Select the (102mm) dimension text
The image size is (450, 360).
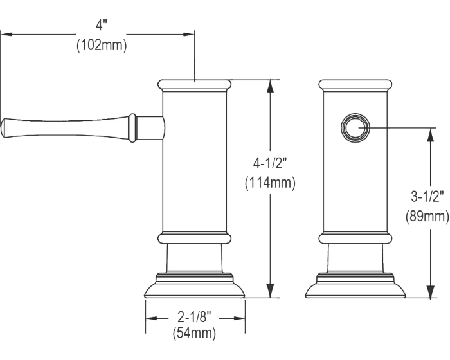pos(102,46)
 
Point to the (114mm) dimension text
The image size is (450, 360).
pos(271,184)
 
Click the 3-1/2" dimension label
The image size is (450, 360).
pos(428,195)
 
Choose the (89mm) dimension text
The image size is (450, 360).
pos(428,217)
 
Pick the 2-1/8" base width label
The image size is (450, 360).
pos(195,317)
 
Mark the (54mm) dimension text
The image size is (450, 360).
pos(195,334)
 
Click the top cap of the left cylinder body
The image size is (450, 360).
pos(194,84)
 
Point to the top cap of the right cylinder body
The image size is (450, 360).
pos(355,84)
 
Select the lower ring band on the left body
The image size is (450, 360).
pos(194,239)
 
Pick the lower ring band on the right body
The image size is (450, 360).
pos(355,239)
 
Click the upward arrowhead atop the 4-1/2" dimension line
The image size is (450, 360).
pos(271,85)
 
